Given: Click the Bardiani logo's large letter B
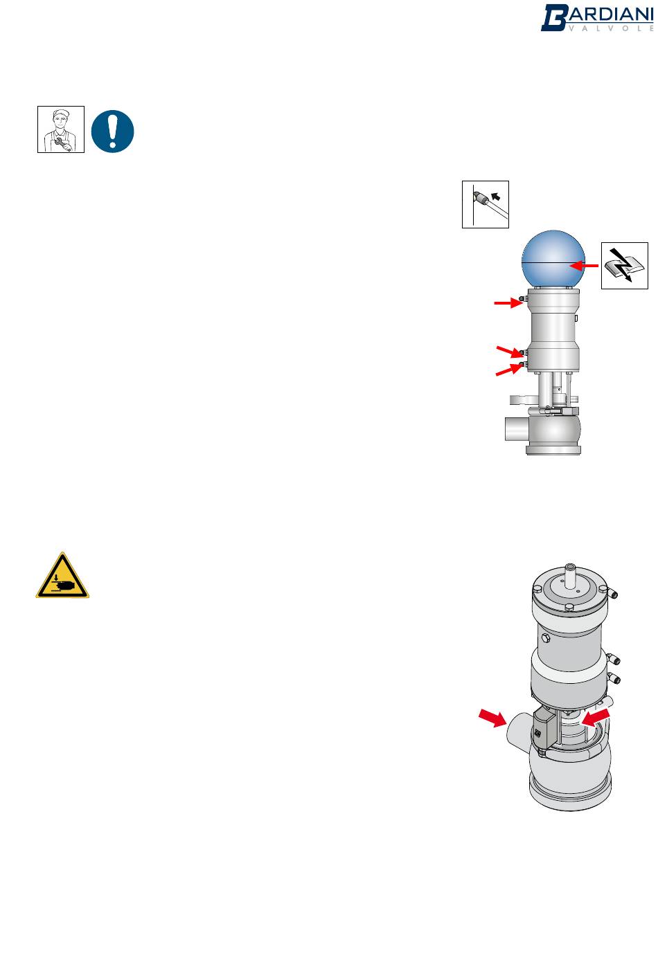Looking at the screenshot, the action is click(555, 18).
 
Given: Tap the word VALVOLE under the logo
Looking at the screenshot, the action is click(611, 28).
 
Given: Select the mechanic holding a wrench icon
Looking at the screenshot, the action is click(61, 129).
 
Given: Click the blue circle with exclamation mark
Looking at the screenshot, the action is click(112, 131).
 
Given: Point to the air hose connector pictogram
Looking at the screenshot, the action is click(485, 204).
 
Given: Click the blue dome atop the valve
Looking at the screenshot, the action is click(553, 260).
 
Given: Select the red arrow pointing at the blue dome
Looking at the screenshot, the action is click(584, 266).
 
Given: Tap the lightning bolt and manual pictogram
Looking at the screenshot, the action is click(624, 266).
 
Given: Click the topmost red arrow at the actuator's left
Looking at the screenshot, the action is click(508, 303).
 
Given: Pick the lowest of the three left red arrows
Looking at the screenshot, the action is click(509, 370).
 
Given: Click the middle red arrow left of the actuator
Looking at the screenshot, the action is click(510, 352).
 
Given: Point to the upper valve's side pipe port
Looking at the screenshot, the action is click(517, 429).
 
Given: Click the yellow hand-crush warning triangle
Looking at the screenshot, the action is click(62, 575).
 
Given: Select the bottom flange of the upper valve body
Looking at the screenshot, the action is click(553, 450).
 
